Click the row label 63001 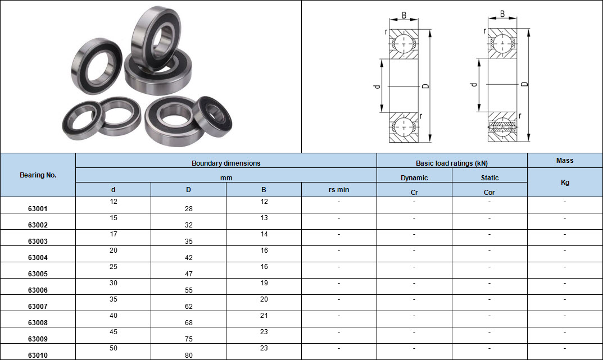coord(38,208)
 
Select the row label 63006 coord(38,290)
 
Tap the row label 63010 coord(38,356)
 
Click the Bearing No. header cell coord(38,175)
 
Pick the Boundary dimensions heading coord(226,163)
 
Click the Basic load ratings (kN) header coord(452,163)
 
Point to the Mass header coord(565,161)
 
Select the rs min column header coord(339,190)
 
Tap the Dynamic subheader coord(414,178)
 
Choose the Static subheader coord(489,178)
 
